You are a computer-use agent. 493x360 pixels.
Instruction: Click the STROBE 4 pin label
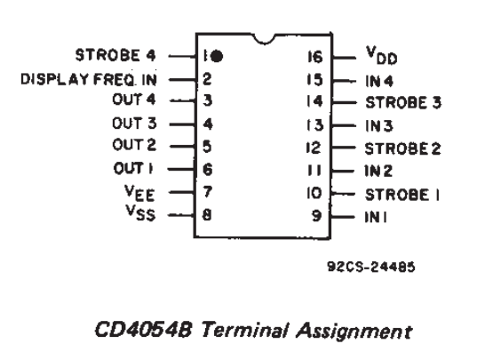click(x=115, y=55)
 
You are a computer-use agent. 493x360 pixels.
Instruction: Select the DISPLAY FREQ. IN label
click(x=89, y=79)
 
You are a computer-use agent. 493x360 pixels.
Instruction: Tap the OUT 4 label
click(x=134, y=100)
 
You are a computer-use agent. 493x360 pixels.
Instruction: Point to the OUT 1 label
click(x=133, y=168)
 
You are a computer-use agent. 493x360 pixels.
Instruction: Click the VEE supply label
click(x=139, y=193)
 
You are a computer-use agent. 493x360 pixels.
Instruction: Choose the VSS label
click(x=140, y=213)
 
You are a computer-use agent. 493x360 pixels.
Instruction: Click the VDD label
click(x=382, y=55)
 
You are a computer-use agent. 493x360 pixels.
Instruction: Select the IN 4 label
click(x=379, y=81)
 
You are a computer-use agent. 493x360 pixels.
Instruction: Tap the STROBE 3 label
click(x=403, y=102)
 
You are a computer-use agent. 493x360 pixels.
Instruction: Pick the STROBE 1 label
click(x=402, y=195)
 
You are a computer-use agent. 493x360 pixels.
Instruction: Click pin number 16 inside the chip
click(x=315, y=57)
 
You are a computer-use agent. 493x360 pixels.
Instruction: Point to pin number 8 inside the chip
click(x=207, y=215)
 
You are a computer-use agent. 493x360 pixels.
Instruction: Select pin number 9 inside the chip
click(x=316, y=216)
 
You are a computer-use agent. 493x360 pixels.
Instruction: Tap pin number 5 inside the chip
click(x=207, y=147)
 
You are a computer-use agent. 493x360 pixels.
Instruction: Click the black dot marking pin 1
click(x=217, y=57)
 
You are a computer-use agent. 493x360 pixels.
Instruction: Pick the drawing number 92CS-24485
click(x=371, y=267)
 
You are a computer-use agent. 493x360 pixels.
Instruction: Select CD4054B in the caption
click(x=143, y=330)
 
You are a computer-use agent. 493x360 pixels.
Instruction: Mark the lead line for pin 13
click(x=344, y=125)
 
